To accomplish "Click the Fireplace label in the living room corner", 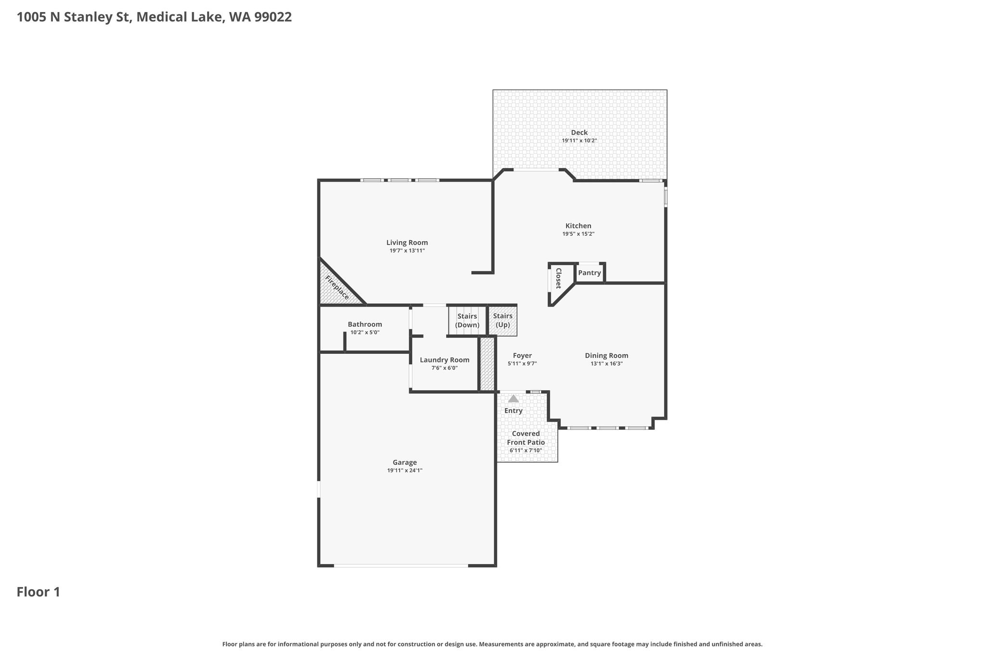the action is (x=337, y=287).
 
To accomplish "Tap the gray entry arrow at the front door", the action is (x=514, y=399).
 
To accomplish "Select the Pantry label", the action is (x=589, y=273).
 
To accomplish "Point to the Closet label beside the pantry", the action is (x=558, y=278).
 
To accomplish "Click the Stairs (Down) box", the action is (x=467, y=321).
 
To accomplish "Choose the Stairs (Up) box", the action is (x=503, y=321).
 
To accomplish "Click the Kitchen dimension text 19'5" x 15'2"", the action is (x=578, y=234).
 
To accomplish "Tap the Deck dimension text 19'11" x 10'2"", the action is (x=579, y=141).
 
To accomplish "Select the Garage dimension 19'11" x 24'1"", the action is (x=404, y=471).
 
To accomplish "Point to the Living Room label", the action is (x=407, y=243).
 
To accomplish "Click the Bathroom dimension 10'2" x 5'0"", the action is (x=365, y=333).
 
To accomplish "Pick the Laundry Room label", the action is (x=444, y=360).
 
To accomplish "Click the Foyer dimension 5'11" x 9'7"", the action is (x=522, y=364).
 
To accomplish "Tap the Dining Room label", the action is (x=606, y=356).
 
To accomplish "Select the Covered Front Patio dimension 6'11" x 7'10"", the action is (x=526, y=451).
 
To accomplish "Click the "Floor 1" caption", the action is (x=38, y=592).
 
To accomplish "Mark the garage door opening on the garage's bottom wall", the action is (x=401, y=566).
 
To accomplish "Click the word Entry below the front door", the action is (x=513, y=411).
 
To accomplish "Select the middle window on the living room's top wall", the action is (x=400, y=180).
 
